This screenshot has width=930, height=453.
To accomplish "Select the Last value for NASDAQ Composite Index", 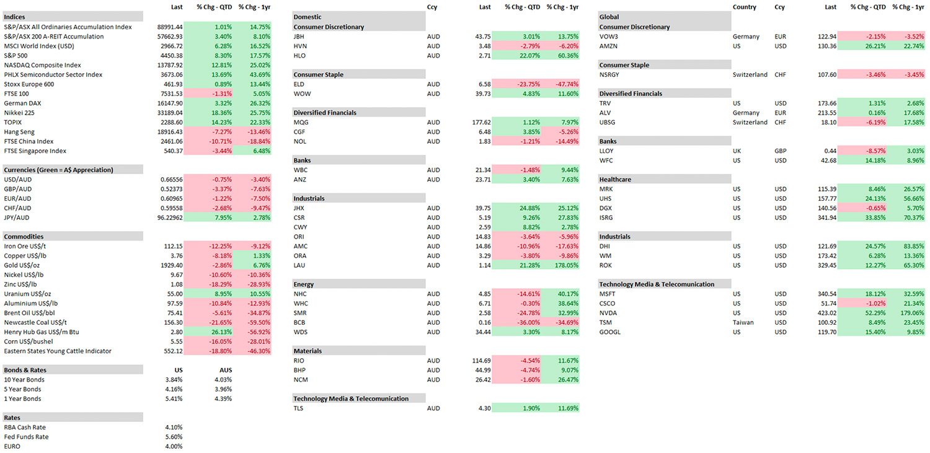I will pos(170,65).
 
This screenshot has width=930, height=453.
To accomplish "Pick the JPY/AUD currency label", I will pos(17,218).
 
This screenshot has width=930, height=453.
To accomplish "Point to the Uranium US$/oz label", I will pos(28,294).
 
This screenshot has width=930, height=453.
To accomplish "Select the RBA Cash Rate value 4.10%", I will pos(174,428).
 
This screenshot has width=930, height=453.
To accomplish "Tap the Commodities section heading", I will pos(24,237).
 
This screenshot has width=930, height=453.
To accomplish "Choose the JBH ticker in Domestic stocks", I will pos(299,37).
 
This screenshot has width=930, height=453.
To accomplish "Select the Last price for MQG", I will pos(481,123).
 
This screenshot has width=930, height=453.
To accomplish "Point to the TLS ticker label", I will pos(298,408).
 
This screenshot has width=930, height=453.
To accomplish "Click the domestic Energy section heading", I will pos(304,284).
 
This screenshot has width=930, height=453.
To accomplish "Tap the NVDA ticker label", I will pos(608,313).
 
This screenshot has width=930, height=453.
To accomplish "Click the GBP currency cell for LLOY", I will pos(781,151).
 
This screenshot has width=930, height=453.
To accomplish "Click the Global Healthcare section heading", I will pos(615,179).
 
